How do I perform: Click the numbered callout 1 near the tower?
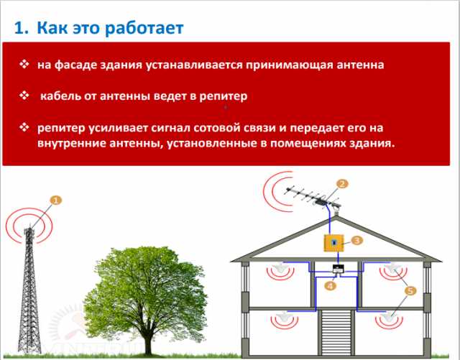tap(56, 200)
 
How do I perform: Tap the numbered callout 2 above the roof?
tap(342, 184)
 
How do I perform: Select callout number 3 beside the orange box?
tap(356, 240)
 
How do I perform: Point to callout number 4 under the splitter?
tap(331, 285)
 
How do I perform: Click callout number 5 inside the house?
tap(410, 291)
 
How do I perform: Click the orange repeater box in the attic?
tap(333, 243)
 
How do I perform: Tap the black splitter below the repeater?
tap(338, 269)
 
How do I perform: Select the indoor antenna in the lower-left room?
tap(283, 316)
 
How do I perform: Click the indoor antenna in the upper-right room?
tap(392, 267)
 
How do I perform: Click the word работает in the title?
tap(144, 28)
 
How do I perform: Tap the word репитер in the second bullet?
tap(224, 96)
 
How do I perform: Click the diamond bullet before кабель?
tap(24, 96)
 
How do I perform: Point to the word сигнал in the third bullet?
tap(171, 128)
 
